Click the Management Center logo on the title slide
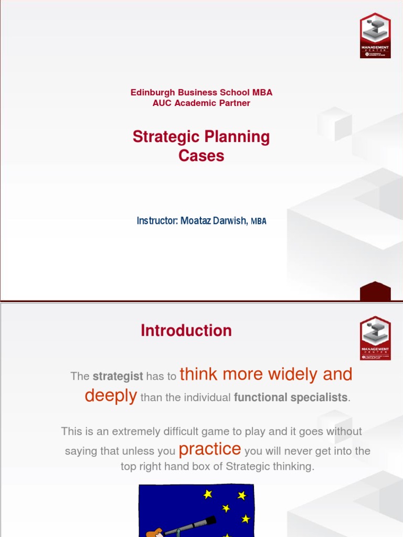pos(375,35)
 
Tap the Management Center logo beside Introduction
pos(375,338)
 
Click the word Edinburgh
pos(152,92)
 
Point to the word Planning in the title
pos(237,137)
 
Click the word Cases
pos(201,156)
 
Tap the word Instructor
pos(156,221)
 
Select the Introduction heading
pos(186,330)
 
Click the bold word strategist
pos(118,377)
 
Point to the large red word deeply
pos(111,395)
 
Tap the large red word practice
pos(210,449)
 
